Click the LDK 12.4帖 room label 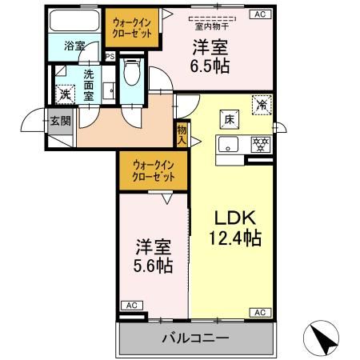coord(234,227)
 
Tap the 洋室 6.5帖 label coord(210,56)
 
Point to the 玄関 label coord(60,121)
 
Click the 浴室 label coord(74,46)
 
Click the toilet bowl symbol coord(134,74)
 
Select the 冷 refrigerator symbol coord(260,103)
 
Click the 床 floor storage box coord(228,119)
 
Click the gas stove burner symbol coord(258,146)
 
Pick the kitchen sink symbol coord(229,146)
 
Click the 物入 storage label coord(182,134)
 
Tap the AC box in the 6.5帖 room coord(259,14)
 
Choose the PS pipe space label coord(110,57)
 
